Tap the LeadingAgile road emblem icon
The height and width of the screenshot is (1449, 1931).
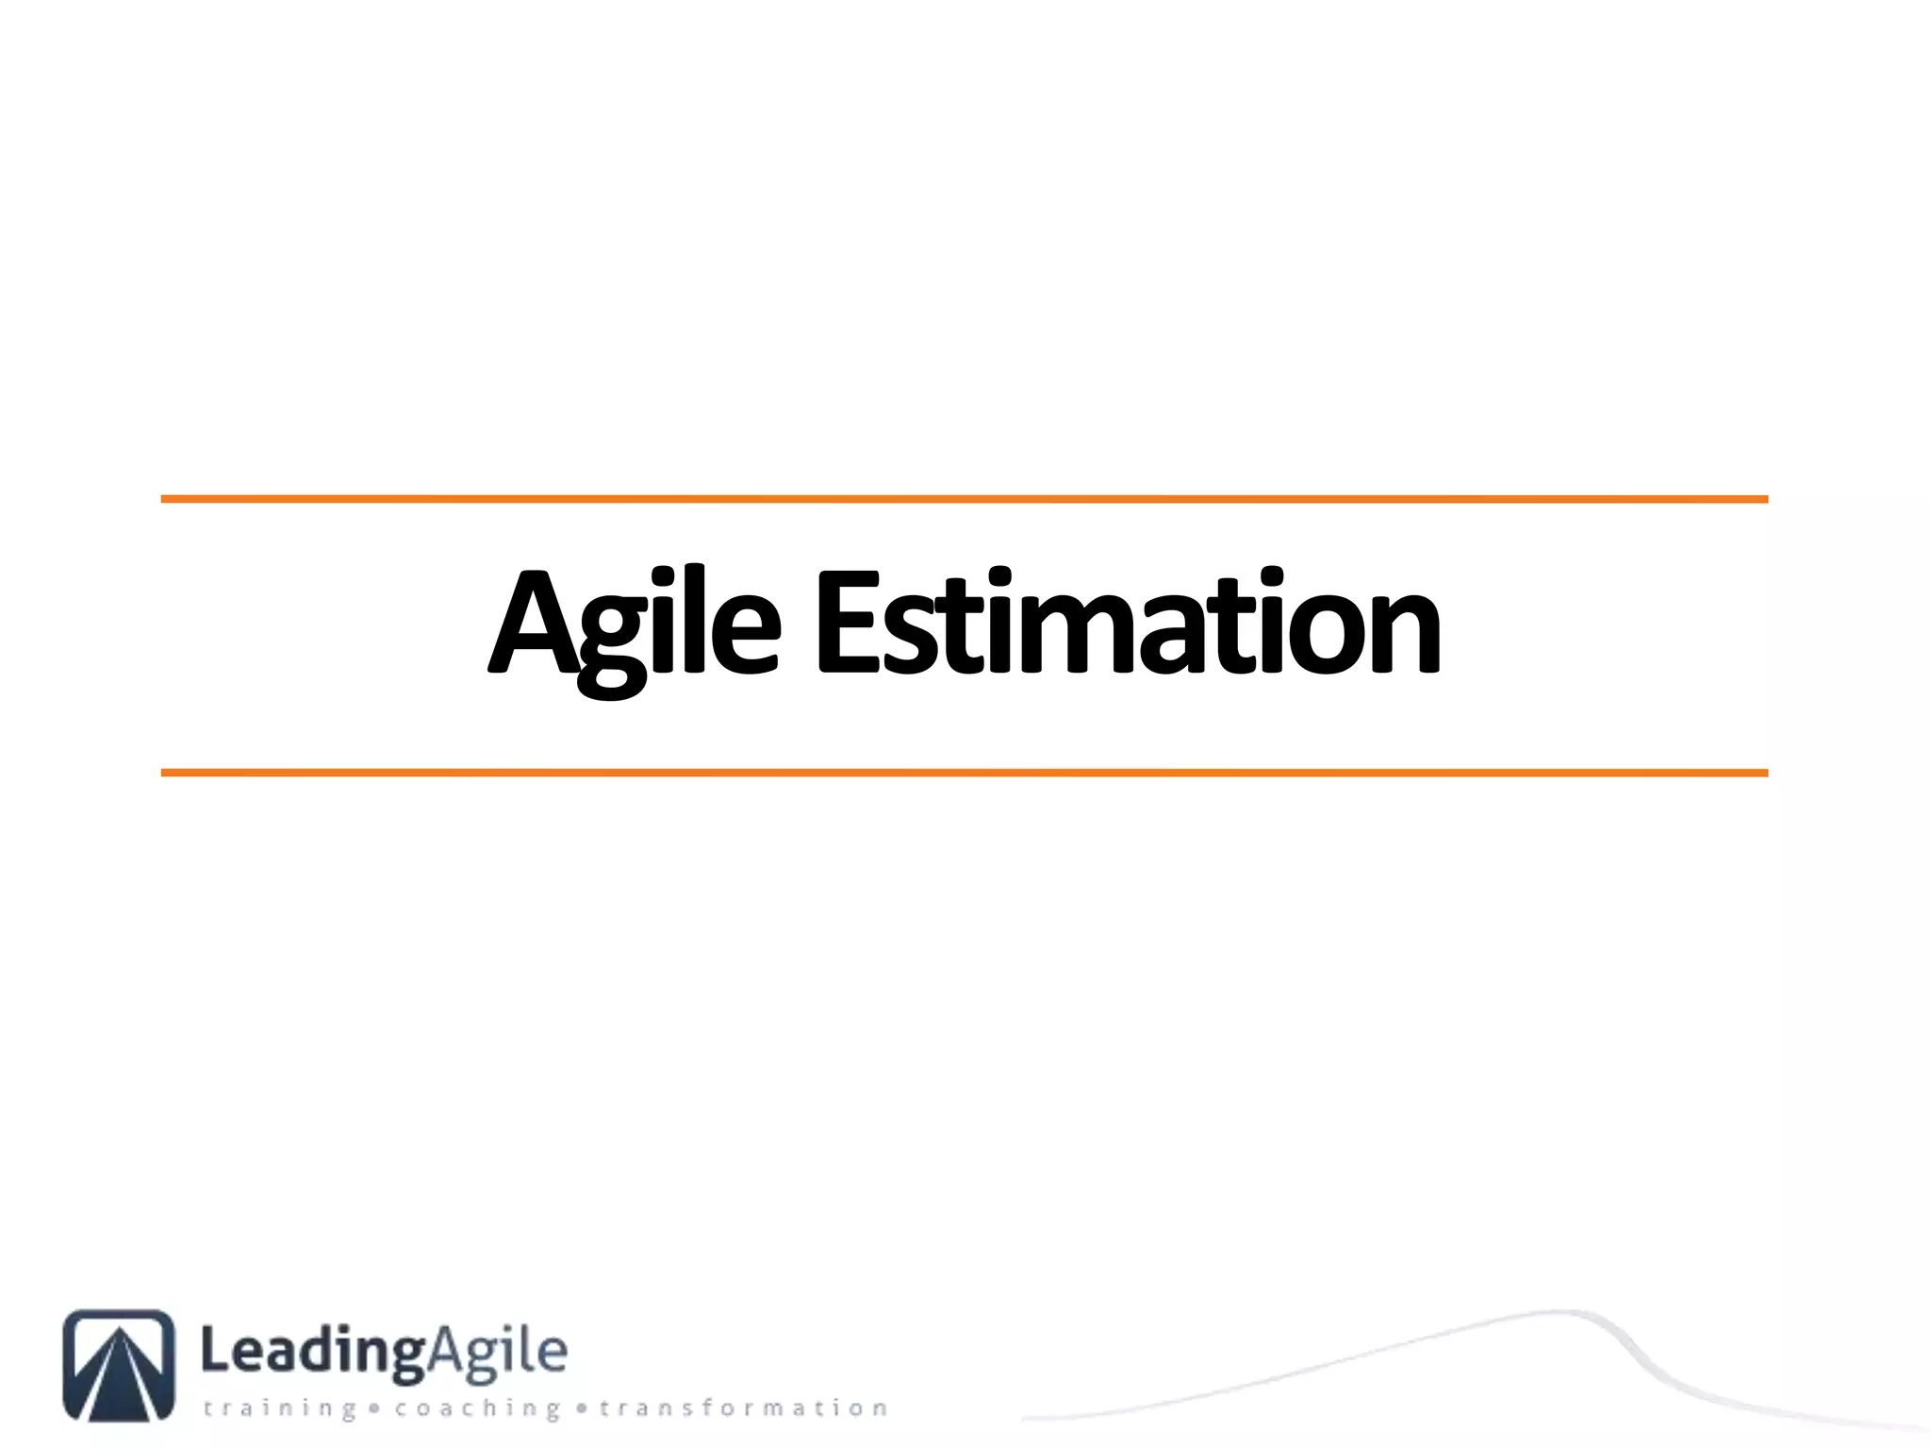point(119,1364)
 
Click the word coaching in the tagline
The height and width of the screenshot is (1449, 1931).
point(477,1409)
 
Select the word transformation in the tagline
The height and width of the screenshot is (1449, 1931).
point(744,1408)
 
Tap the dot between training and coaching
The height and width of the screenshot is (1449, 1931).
point(374,1409)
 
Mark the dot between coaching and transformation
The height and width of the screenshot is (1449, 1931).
point(581,1409)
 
